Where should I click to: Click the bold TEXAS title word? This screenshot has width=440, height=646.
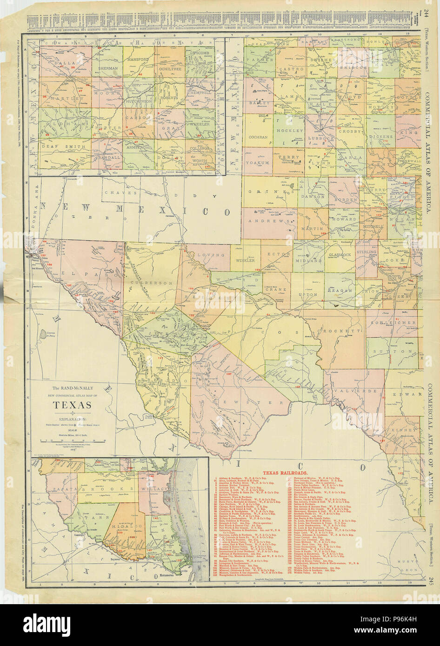(x=71, y=405)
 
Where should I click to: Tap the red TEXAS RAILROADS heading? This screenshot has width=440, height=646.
(x=259, y=473)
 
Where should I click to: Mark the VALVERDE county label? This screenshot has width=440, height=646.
(x=355, y=391)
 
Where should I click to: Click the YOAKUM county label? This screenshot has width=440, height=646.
(x=258, y=164)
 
